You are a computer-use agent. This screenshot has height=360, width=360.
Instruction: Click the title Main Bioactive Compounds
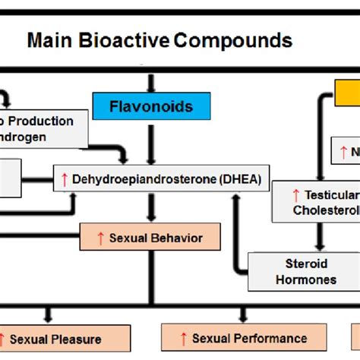159,39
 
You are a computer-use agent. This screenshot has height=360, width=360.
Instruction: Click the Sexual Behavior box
150,238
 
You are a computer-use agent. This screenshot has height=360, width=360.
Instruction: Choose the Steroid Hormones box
306,272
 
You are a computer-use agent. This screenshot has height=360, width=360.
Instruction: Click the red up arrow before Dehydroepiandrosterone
65,179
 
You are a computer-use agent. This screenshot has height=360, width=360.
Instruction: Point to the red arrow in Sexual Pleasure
5,339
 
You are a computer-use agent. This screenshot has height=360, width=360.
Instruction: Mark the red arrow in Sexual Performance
182,338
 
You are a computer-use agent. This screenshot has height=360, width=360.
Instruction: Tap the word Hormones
307,279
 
